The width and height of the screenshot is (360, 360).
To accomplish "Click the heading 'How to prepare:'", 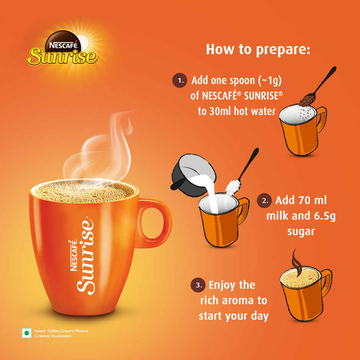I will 258,49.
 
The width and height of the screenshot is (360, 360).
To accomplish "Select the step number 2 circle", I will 265,201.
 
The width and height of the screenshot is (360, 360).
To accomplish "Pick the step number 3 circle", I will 198,285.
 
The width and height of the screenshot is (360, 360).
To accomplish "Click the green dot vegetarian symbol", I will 27,333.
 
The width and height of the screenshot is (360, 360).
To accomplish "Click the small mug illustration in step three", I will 304,293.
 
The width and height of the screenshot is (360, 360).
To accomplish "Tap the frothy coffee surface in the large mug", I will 84,191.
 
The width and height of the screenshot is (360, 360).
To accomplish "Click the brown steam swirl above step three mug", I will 296,260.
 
